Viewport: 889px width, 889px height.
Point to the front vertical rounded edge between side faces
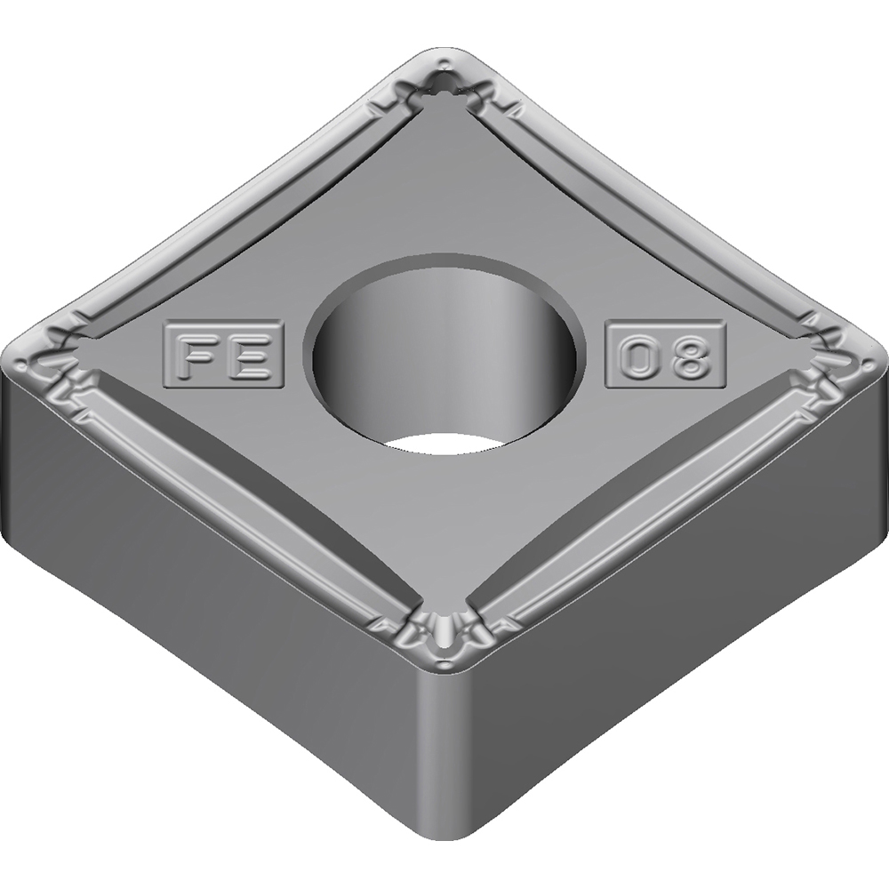coord(442,756)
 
